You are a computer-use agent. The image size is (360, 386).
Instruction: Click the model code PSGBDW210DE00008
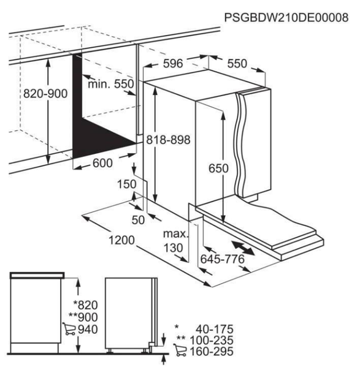(x=286, y=18)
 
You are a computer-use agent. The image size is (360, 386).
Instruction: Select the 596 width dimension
(x=173, y=64)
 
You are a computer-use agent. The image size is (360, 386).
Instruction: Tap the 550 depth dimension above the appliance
(x=237, y=64)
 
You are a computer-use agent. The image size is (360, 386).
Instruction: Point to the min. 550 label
(x=110, y=84)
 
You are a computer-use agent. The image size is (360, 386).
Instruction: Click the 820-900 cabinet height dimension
(x=45, y=94)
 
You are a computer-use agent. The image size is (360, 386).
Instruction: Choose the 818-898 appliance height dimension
(x=168, y=140)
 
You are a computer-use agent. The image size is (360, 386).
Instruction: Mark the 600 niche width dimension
(x=102, y=163)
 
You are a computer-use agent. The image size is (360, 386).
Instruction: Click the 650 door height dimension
(x=218, y=168)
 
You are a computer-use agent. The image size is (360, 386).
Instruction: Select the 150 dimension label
(x=127, y=184)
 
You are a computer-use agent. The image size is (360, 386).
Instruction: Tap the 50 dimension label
(x=138, y=220)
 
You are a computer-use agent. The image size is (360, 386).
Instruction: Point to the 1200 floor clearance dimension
(x=121, y=240)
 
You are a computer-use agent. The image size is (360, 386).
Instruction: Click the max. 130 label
(x=175, y=241)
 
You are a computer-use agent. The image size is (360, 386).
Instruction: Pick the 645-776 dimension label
(x=222, y=259)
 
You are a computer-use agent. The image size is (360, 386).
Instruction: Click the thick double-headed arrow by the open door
(x=243, y=248)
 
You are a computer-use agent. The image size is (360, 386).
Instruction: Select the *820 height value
(x=86, y=305)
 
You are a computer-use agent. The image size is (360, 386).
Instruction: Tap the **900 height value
(x=83, y=317)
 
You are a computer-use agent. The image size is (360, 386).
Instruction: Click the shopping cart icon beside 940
(x=69, y=329)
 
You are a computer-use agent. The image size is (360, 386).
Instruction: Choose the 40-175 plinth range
(x=215, y=329)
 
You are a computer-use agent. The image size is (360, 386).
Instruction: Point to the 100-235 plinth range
(x=212, y=341)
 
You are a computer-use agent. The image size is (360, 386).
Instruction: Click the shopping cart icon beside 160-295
(x=180, y=350)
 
